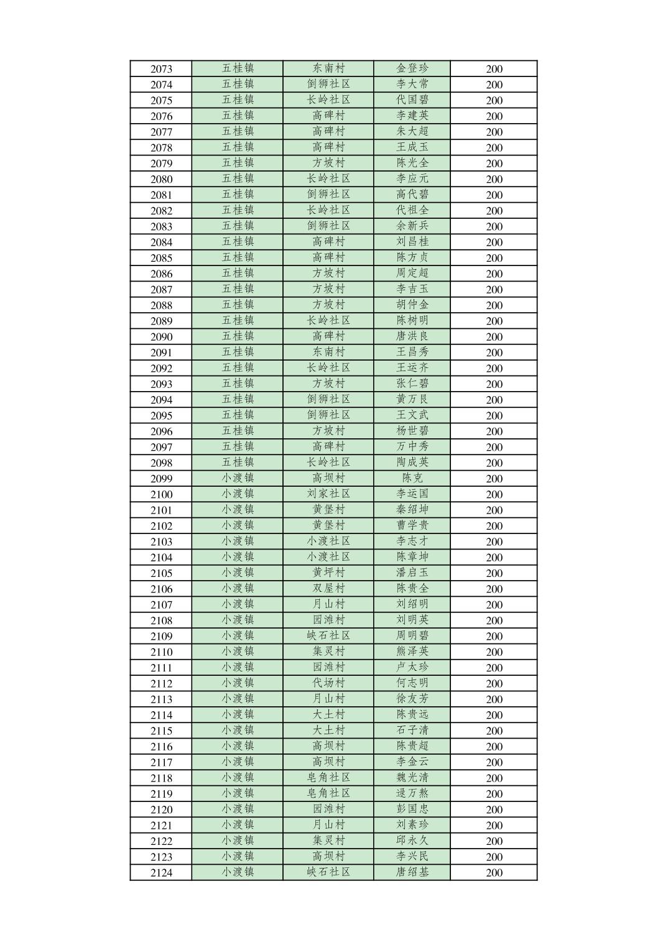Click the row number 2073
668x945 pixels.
161,69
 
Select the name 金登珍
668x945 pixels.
412,68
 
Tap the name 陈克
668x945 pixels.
412,478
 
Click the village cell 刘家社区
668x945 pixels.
328,494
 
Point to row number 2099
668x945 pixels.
161,479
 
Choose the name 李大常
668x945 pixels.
412,84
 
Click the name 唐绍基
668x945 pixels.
412,872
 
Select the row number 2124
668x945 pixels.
161,872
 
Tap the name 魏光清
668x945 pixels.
412,777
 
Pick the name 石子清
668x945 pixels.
412,730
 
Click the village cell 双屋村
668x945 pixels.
328,588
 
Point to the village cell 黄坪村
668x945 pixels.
328,573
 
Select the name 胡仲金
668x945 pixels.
412,305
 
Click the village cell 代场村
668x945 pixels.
328,683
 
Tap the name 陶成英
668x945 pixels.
412,462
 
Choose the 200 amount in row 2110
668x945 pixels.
494,652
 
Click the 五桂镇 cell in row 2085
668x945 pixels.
238,257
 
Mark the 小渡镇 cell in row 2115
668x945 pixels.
238,730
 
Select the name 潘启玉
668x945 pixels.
412,573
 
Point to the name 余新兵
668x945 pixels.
412,226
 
